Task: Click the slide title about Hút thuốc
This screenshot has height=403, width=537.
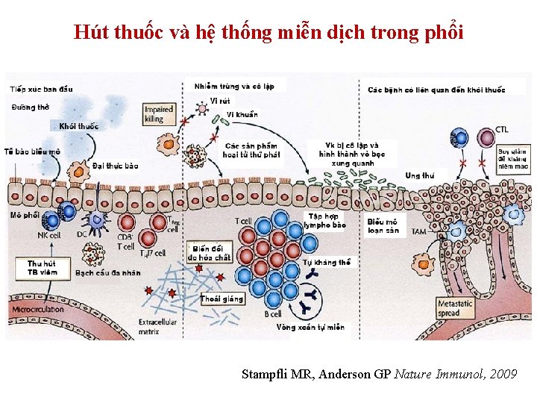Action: pyautogui.click(x=268, y=32)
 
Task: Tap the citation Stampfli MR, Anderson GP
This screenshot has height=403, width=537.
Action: pyautogui.click(x=379, y=374)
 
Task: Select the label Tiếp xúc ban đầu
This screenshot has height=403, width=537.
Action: pyautogui.click(x=42, y=90)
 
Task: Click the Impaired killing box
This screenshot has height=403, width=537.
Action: pyautogui.click(x=159, y=113)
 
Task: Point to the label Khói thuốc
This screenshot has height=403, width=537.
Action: pyautogui.click(x=78, y=126)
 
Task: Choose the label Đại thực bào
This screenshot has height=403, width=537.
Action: pyautogui.click(x=116, y=165)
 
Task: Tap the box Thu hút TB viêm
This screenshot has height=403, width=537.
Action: pyautogui.click(x=42, y=268)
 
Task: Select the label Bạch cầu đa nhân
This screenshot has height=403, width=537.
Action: pyautogui.click(x=107, y=273)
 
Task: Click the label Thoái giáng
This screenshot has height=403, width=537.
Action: pyautogui.click(x=222, y=299)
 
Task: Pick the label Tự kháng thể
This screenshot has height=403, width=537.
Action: pyautogui.click(x=327, y=263)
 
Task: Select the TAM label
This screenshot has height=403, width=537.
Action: pyautogui.click(x=419, y=232)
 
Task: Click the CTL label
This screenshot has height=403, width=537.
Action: pyautogui.click(x=503, y=130)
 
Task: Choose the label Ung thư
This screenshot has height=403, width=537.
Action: pyautogui.click(x=420, y=175)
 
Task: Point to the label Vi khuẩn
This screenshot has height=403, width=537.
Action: pyautogui.click(x=242, y=115)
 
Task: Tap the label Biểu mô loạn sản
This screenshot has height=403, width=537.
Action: pyautogui.click(x=383, y=225)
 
